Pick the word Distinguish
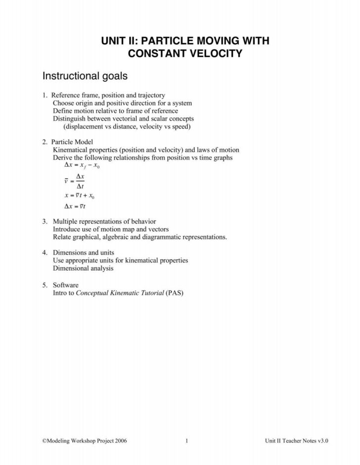69,119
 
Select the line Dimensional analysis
83,268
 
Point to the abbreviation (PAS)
176,292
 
